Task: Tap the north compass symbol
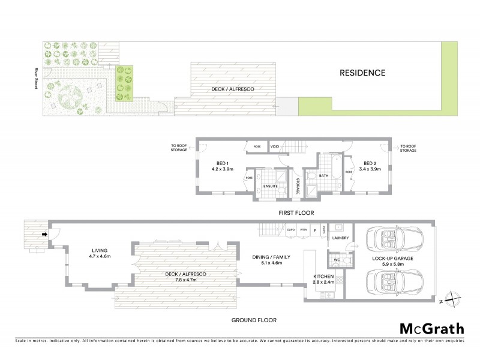[454, 298]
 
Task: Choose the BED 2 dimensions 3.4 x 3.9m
[369, 170]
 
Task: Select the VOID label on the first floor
[275, 146]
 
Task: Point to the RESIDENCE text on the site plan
[362, 73]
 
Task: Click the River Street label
[36, 78]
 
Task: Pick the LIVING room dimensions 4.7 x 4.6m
[99, 258]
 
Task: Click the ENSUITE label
[271, 186]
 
